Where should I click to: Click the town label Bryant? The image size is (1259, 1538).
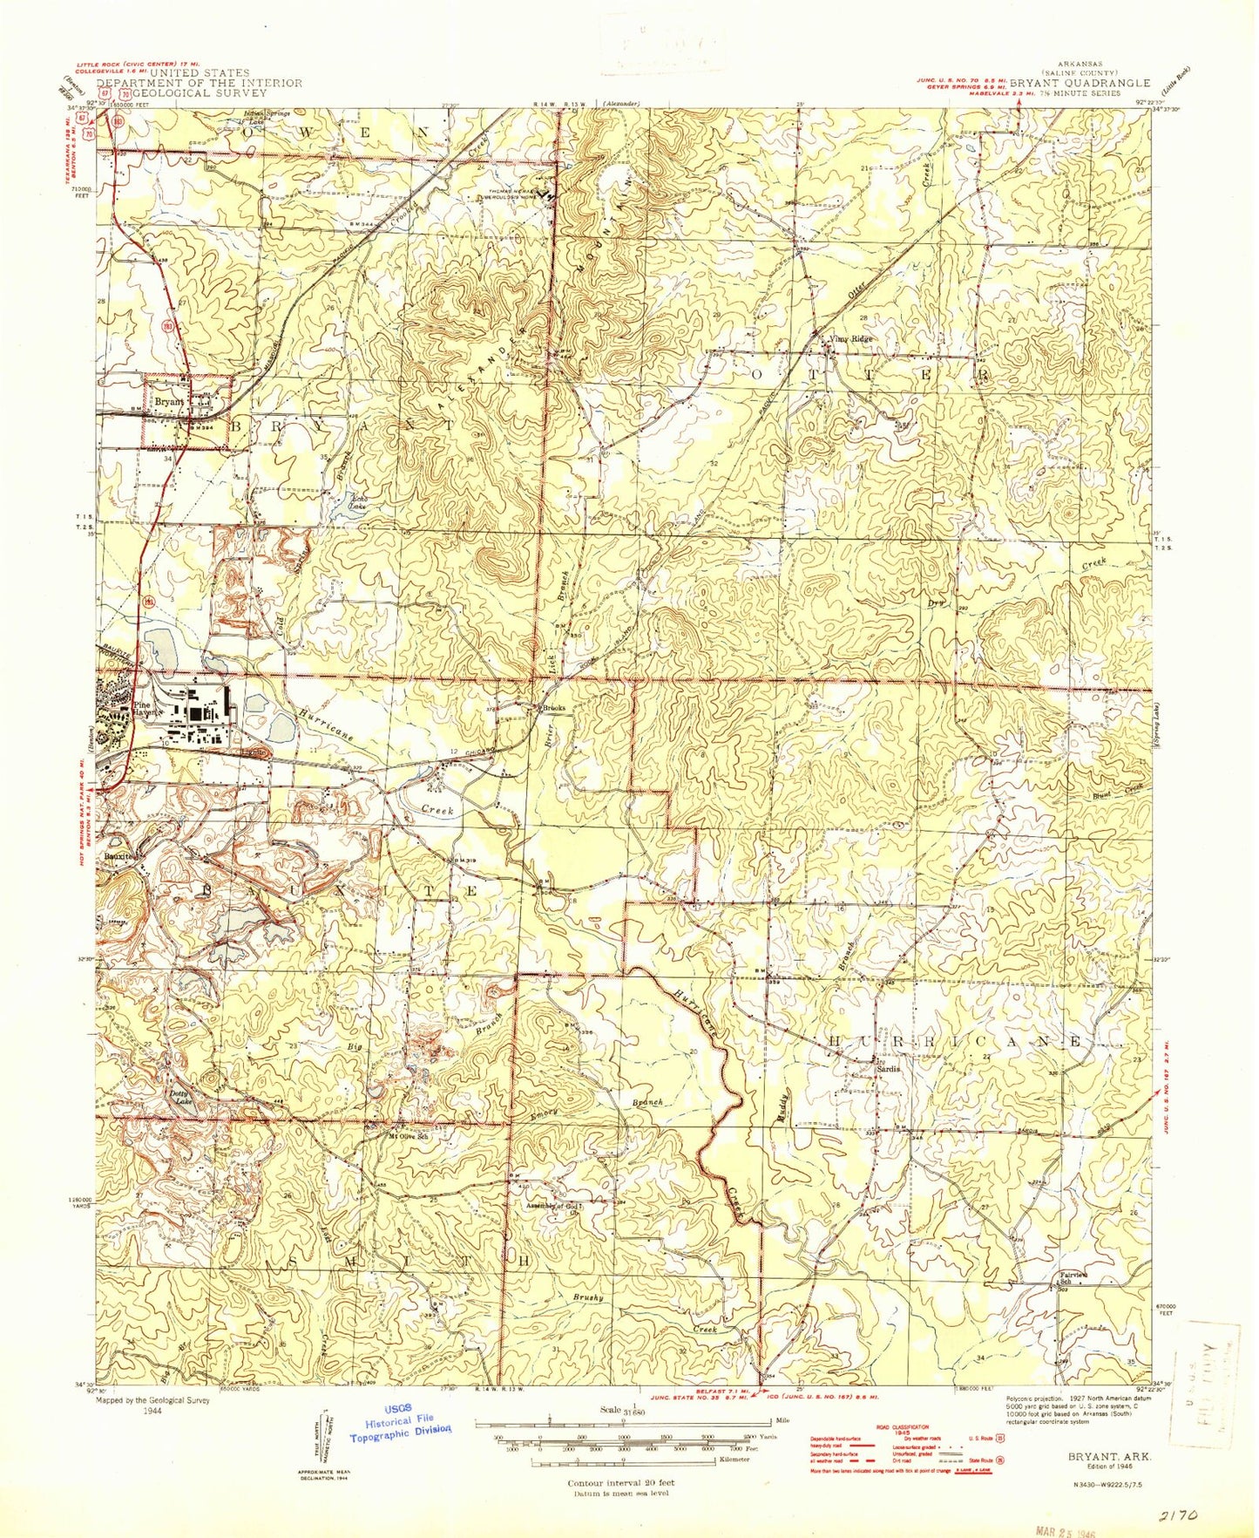pos(169,402)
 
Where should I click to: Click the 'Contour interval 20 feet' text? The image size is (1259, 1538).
pos(620,1482)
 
